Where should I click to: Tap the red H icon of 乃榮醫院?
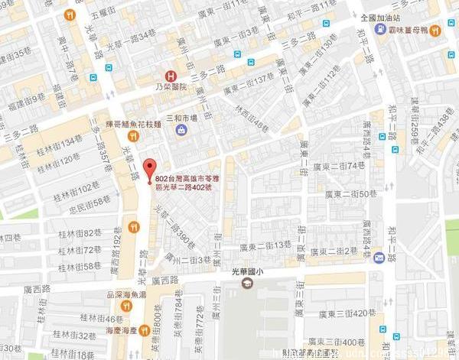tap(171, 76)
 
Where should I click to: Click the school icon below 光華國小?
tap(247, 284)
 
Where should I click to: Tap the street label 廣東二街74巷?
tap(339, 165)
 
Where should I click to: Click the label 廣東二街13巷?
tap(266, 245)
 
